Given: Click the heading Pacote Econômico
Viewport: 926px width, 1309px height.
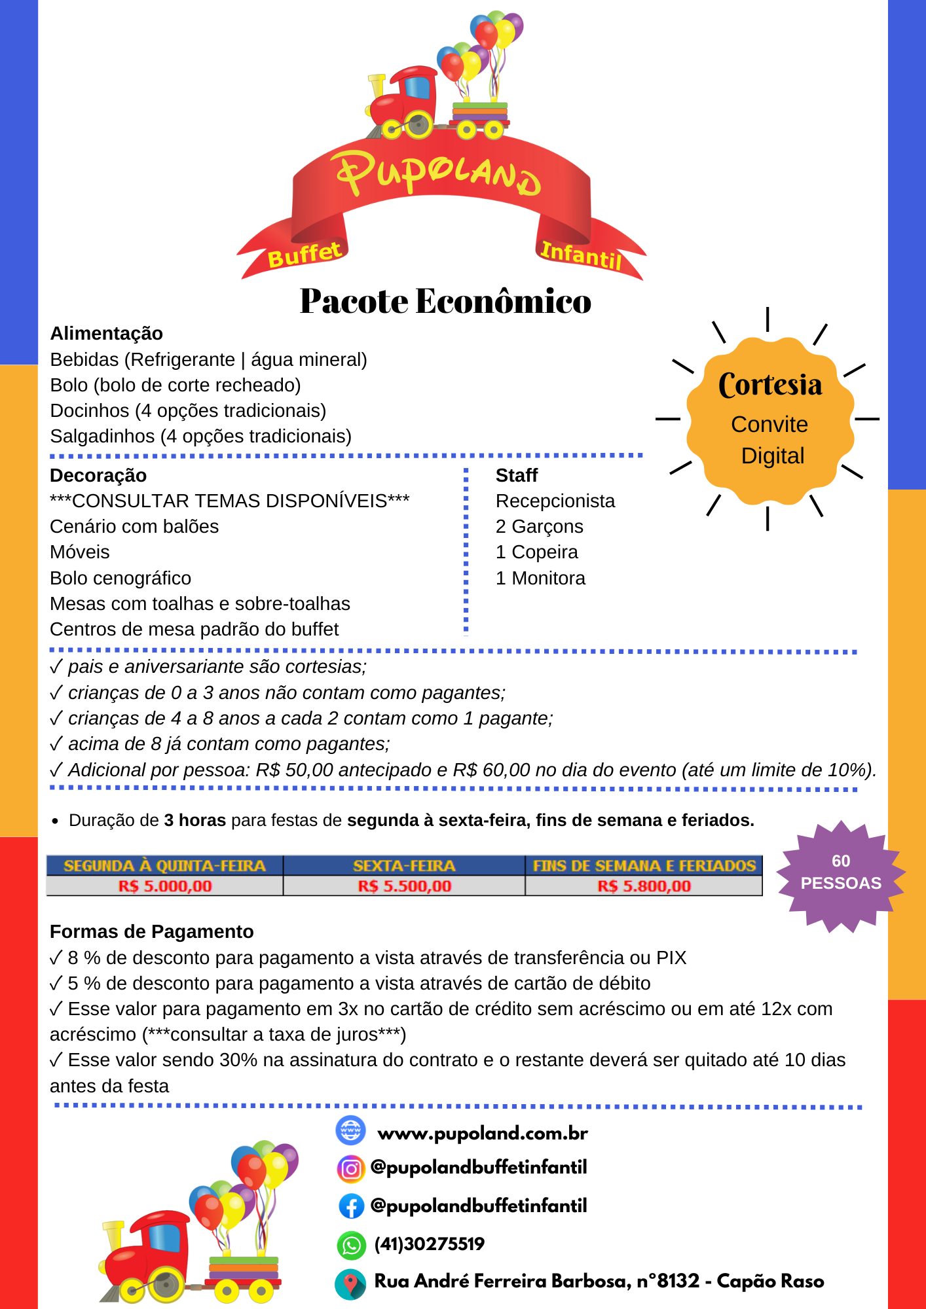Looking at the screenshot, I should (445, 302).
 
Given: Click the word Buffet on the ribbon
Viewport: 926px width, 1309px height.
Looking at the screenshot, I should (305, 254).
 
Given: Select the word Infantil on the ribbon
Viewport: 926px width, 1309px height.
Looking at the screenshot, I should (581, 255).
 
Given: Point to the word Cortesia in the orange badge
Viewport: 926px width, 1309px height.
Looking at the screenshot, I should (770, 385).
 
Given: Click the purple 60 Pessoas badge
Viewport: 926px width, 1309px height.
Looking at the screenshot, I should (841, 873).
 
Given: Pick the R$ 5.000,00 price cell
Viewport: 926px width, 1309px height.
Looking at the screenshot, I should (165, 886).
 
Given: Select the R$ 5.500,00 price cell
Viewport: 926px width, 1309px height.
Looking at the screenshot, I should (404, 886).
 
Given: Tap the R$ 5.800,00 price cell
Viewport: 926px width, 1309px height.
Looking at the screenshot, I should (644, 886).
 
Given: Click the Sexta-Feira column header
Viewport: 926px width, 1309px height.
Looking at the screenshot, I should (404, 866).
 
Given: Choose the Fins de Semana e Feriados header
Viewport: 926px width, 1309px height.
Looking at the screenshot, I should (644, 866).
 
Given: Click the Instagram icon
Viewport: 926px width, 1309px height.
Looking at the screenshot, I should (351, 1168).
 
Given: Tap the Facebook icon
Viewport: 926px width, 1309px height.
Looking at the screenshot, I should (351, 1206).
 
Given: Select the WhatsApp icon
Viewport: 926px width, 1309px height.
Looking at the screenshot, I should (351, 1245).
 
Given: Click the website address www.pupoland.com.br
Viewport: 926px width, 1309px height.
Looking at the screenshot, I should (483, 1133).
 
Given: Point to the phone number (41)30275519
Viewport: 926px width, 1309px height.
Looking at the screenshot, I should (429, 1244).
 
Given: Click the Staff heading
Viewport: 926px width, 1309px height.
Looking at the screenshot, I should (517, 476).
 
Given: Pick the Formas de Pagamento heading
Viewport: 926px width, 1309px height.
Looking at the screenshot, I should (151, 932).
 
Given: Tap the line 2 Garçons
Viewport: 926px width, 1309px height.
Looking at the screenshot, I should (539, 527).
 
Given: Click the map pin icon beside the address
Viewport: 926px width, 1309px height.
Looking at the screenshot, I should (351, 1283).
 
